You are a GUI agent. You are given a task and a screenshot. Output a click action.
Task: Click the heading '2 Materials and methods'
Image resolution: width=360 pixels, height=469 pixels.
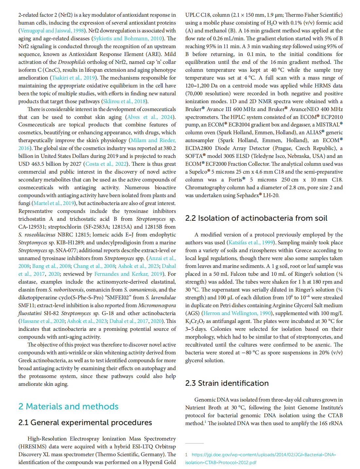pos(68,406)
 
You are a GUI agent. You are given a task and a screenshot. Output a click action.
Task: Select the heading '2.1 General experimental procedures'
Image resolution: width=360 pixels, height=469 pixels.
pos(85,422)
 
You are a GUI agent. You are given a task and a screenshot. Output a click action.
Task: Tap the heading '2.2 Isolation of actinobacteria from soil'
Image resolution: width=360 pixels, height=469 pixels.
pos(256,218)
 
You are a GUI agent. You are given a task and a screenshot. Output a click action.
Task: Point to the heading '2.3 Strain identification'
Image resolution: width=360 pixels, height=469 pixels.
pos(227,383)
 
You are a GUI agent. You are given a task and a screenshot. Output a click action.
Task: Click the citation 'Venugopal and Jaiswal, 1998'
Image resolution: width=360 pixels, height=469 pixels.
pos(52,31)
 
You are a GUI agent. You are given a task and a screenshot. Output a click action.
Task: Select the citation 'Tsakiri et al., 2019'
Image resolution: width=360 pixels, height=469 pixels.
pos(73,78)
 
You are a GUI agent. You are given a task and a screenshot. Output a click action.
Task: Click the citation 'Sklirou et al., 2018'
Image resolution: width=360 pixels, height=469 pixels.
pos(124,102)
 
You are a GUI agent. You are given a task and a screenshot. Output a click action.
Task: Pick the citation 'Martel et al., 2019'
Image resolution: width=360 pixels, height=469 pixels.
pos(54,203)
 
